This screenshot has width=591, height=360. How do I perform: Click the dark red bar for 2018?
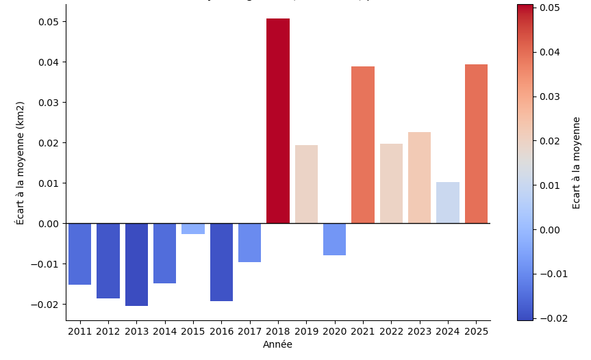pos(278,120)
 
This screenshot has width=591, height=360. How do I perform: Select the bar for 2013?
pos(136,264)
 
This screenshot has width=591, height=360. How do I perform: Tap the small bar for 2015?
pos(193,229)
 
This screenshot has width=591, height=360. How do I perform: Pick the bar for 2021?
pos(363,144)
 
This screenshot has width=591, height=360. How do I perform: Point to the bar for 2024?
pos(448,203)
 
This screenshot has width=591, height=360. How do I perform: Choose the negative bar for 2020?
pos(335,239)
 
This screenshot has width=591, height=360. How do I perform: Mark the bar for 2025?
pos(476,144)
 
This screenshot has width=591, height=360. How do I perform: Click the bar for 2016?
pos(221,262)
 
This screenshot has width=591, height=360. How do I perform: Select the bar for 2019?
pos(306,184)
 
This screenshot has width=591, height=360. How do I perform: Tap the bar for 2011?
pos(80,254)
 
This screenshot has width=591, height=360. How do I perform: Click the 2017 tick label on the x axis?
pos(250,332)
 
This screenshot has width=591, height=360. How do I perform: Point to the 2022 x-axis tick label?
pos(391,332)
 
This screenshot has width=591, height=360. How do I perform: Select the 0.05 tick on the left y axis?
pos(48,22)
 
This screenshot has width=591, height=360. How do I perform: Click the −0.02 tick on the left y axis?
pos(45,305)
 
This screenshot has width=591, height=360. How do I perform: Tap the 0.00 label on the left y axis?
pos(48,224)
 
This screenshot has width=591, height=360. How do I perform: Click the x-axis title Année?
pos(277,345)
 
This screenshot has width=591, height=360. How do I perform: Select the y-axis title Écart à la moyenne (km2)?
pos(21,163)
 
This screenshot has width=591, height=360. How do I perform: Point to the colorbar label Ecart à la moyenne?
pos(577,163)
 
